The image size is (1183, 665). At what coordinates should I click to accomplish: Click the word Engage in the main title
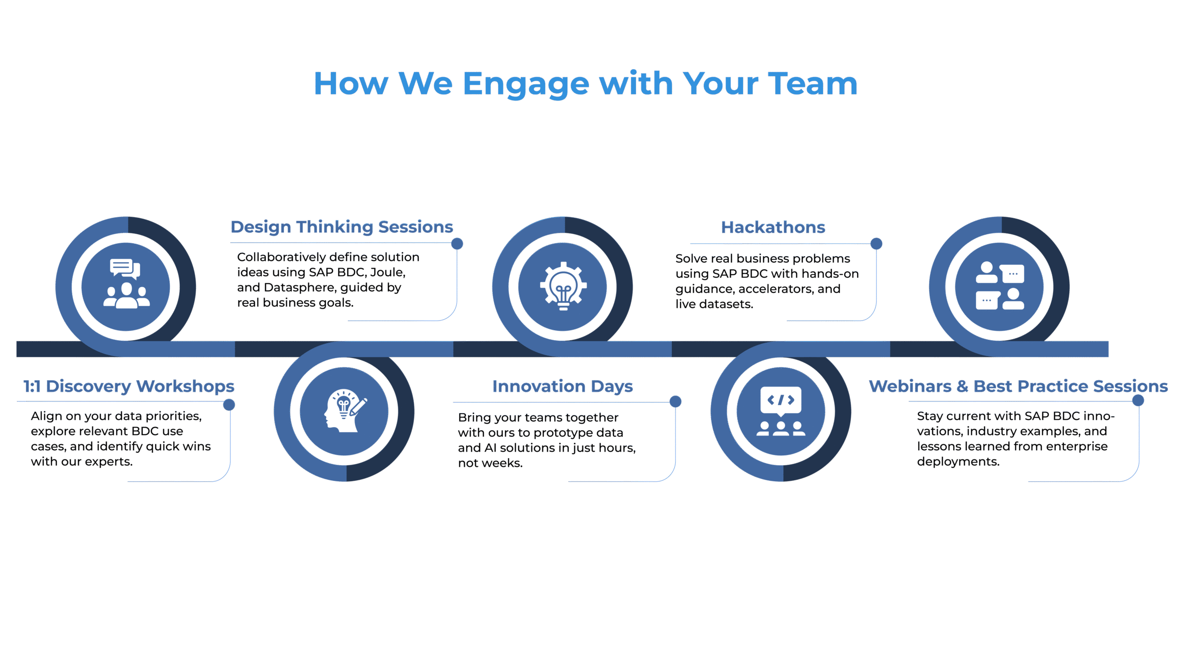(x=526, y=84)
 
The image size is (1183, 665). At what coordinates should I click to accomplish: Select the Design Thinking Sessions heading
(x=341, y=227)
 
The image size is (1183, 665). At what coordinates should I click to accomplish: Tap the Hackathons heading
(x=773, y=227)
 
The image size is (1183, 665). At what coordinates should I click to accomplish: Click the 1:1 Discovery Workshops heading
(x=129, y=386)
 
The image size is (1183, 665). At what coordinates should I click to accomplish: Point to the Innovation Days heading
(x=562, y=386)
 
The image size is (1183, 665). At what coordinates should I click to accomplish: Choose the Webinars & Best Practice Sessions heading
(x=1018, y=386)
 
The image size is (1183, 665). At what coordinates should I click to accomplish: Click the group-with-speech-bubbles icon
(x=126, y=284)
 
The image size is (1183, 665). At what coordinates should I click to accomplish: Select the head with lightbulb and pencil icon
(x=345, y=411)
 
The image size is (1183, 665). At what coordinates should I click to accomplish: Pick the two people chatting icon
(x=1000, y=285)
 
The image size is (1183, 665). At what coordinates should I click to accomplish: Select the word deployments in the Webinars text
(x=957, y=462)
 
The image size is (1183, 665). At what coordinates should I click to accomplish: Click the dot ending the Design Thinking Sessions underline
(x=457, y=243)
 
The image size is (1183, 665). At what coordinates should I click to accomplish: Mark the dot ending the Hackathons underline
(x=876, y=243)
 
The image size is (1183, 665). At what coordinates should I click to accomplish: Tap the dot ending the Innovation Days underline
(x=676, y=401)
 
